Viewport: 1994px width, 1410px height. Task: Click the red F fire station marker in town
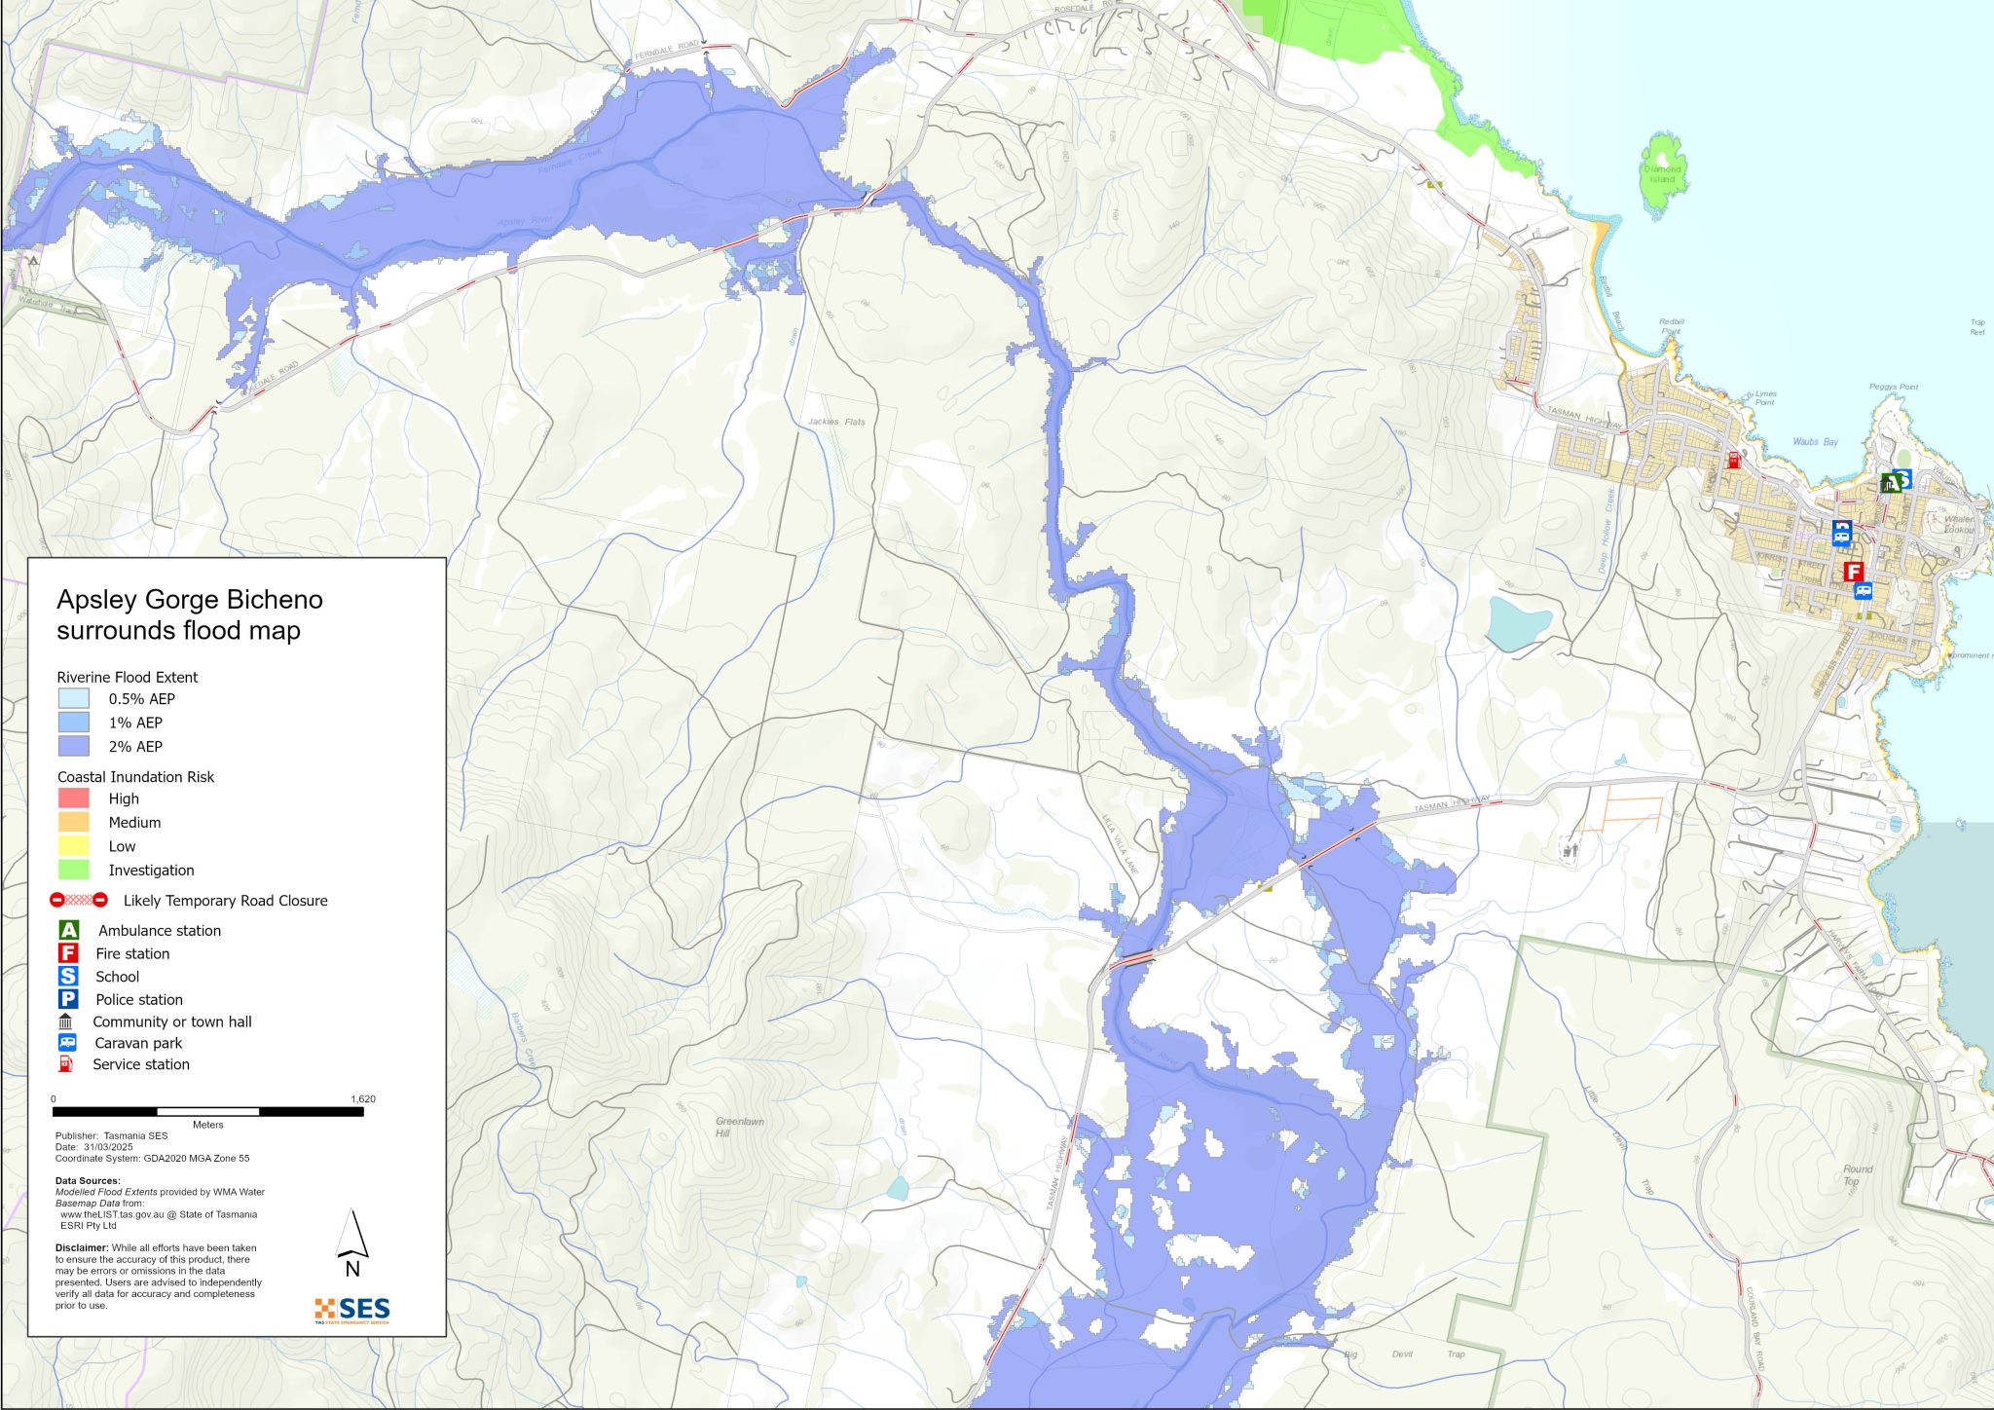(x=1853, y=572)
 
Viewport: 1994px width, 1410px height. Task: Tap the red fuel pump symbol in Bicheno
(x=1733, y=460)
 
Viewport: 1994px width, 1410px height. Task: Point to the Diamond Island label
(x=1662, y=174)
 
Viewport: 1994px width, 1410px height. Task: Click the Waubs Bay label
(x=1815, y=442)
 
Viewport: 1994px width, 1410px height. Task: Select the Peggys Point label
(x=1893, y=387)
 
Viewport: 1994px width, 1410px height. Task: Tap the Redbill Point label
(x=1671, y=326)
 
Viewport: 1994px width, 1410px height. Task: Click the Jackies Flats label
(x=835, y=422)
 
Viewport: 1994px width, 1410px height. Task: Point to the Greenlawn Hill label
(x=739, y=1127)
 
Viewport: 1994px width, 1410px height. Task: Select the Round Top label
(x=1857, y=1174)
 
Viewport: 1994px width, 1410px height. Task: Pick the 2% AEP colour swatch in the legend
(x=74, y=746)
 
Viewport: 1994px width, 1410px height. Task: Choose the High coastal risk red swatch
(x=74, y=798)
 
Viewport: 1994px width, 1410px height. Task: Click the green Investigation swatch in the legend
(x=74, y=870)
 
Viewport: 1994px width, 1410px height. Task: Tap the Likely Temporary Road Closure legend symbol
(x=79, y=901)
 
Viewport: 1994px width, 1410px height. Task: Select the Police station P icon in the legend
(x=68, y=999)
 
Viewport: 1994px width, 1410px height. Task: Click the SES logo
(x=351, y=1310)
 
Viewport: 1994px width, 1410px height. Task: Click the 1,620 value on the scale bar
(x=362, y=1099)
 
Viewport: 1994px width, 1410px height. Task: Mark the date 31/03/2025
(x=108, y=1147)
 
